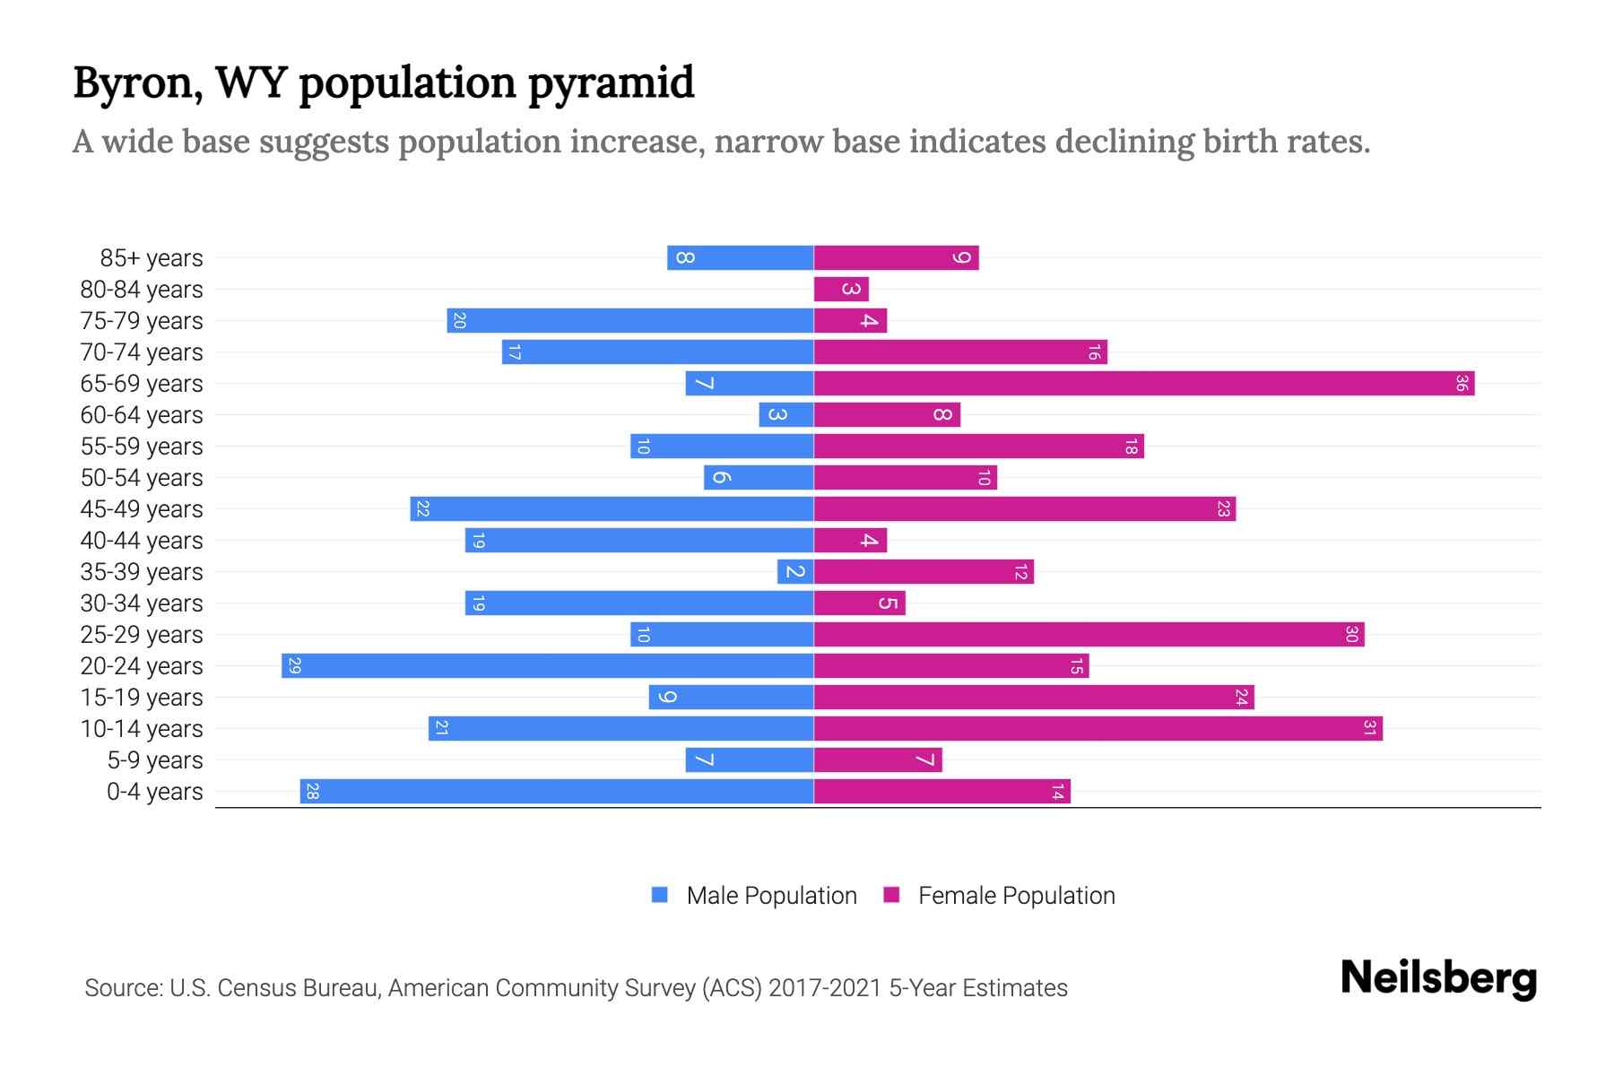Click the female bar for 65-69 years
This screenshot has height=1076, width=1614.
1143,384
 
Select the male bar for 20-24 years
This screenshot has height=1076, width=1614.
547,666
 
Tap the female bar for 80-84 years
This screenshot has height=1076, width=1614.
841,290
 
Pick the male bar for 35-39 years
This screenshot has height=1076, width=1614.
795,572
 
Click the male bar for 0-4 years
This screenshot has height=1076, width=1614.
556,792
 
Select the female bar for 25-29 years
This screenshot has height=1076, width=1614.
1089,635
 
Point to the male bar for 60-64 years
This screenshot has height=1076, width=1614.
786,415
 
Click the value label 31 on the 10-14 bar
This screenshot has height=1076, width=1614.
1369,729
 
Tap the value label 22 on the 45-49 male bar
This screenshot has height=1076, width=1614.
423,509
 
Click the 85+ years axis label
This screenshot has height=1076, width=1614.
151,258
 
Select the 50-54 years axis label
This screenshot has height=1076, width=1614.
142,478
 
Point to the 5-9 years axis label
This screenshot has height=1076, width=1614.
154,760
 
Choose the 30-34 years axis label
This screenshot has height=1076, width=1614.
142,603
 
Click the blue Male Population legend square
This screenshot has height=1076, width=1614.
660,895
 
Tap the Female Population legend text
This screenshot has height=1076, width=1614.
1016,896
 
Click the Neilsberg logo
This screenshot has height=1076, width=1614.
1438,978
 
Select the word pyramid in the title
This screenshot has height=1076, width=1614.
611,83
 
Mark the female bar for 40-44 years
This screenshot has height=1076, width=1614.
850,541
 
